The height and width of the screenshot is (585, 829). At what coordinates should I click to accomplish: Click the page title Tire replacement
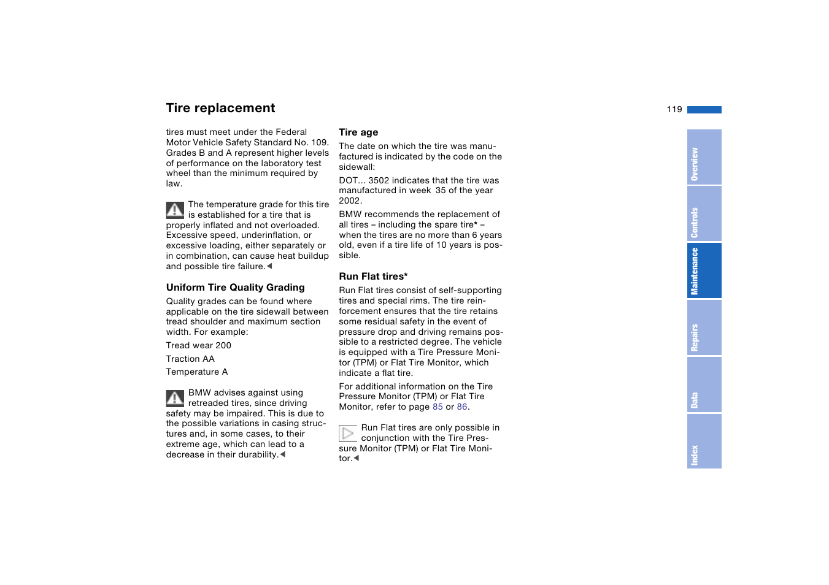click(220, 108)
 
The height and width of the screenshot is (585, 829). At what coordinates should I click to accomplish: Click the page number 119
click(674, 109)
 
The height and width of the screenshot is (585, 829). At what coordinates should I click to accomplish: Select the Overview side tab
click(704, 157)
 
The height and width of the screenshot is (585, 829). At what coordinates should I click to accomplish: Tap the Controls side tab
click(704, 214)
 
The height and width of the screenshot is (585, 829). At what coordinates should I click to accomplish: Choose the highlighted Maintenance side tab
click(704, 270)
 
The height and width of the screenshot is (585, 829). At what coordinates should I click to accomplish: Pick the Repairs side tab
click(704, 327)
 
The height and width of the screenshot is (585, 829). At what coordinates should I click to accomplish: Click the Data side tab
click(704, 384)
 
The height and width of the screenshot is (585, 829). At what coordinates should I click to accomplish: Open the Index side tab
click(704, 442)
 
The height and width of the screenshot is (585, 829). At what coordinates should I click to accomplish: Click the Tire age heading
click(358, 132)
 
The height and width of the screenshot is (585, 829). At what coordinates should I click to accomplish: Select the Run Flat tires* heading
click(373, 277)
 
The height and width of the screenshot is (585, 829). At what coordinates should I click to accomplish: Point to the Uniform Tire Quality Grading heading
click(235, 288)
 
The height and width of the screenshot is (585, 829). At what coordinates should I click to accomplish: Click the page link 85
click(438, 407)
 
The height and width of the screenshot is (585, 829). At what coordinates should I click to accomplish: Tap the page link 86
click(462, 407)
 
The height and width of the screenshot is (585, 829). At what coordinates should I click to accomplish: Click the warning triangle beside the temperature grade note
click(175, 210)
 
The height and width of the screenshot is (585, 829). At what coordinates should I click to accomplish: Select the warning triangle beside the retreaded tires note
click(175, 399)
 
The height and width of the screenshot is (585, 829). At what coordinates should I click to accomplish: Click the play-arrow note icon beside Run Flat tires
click(347, 434)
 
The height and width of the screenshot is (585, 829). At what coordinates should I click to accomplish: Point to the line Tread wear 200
click(198, 346)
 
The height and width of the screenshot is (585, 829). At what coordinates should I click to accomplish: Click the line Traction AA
click(190, 359)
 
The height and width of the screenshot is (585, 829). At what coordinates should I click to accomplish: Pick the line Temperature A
click(196, 372)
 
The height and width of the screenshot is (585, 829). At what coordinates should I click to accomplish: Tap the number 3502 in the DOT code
click(379, 181)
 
